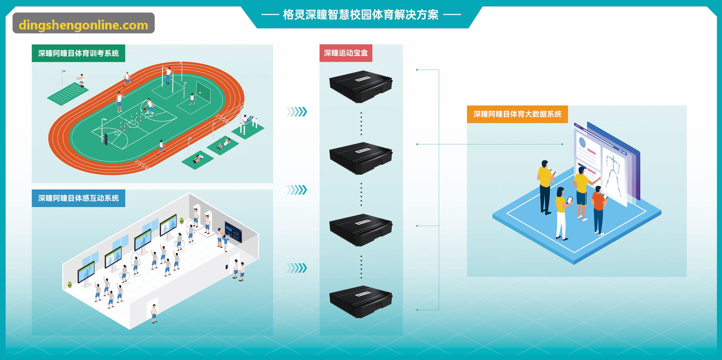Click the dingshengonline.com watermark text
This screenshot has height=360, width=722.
pos(83,25)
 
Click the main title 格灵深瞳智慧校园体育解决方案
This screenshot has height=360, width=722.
pos(361,15)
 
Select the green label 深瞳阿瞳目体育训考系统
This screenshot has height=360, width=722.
pos(78,53)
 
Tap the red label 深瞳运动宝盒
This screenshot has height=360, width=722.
pos(346,53)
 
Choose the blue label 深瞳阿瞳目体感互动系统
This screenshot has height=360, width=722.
pos(78,198)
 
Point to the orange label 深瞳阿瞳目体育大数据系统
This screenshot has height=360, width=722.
pos(517,114)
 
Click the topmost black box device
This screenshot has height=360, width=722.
pos(361,86)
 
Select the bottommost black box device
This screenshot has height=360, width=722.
pos(361,302)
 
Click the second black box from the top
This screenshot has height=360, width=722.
pos(361,158)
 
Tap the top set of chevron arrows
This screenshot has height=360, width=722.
pos(297,112)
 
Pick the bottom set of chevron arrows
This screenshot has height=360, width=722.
pos(297,268)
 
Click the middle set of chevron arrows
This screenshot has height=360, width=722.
pos(297,190)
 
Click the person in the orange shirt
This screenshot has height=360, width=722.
pos(599,210)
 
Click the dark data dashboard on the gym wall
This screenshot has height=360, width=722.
pos(233,232)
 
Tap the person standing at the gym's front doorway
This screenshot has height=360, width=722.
pos(154,314)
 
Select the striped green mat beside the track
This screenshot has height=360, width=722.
pos(68,94)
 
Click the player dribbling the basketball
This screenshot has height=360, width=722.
pos(149,107)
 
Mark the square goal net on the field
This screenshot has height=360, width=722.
pos(203,92)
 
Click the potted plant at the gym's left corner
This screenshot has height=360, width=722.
pos(70,284)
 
